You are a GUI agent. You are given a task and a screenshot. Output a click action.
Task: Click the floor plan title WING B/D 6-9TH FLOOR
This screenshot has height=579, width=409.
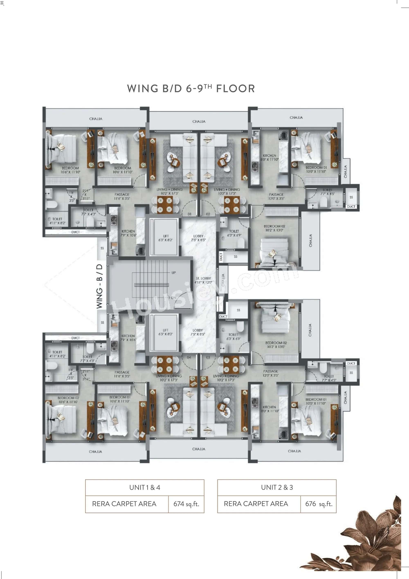(191, 89)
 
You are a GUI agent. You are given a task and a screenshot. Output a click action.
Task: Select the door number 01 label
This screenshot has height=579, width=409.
(190, 214)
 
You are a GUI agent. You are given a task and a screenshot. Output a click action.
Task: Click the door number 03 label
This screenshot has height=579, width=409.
(208, 357)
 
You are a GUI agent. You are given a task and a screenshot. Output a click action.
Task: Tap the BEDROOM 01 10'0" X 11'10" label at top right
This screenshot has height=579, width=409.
(316, 169)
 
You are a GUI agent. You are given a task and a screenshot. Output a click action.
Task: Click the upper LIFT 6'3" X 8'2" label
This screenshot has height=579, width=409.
(166, 238)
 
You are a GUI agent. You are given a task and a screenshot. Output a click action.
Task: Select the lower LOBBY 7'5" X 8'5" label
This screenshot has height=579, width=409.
(198, 332)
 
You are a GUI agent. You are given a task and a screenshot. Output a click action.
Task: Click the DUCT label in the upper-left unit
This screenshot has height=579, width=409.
(75, 232)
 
